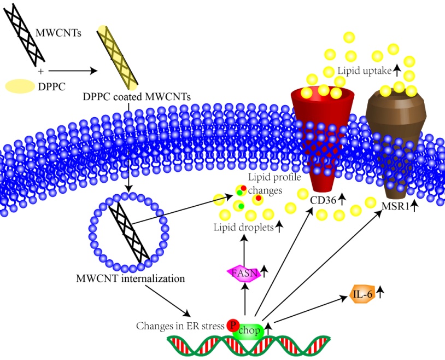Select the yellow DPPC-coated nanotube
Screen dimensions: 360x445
(x=116, y=57)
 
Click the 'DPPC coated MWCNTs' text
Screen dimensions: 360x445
(x=137, y=98)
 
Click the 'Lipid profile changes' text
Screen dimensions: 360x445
(x=265, y=184)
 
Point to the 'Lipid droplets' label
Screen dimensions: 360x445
(x=244, y=227)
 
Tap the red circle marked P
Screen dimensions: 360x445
(x=233, y=326)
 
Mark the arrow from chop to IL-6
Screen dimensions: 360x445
(x=306, y=310)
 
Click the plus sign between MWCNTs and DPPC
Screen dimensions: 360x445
(x=40, y=72)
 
